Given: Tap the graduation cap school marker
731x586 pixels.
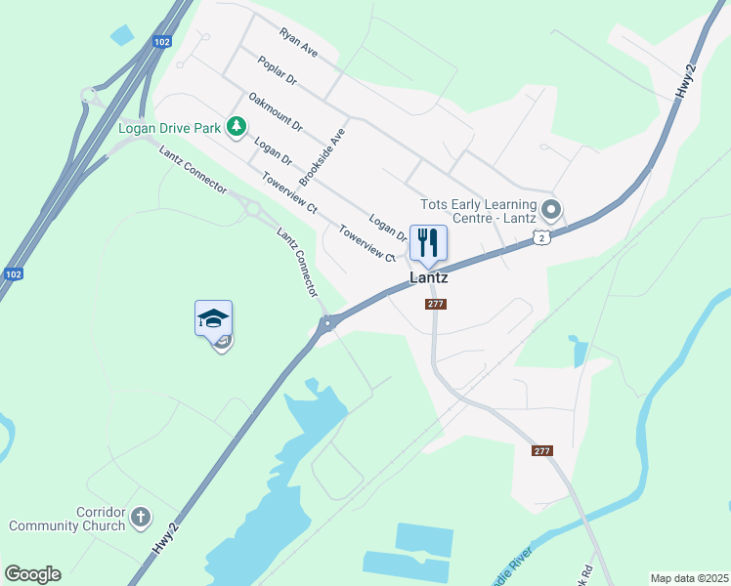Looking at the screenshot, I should pyautogui.click(x=213, y=318).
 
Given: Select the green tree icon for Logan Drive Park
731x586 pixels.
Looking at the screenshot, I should pyautogui.click(x=236, y=126).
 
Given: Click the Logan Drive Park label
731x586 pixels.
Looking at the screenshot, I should pyautogui.click(x=169, y=127).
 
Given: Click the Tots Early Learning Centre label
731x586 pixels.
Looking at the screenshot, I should pyautogui.click(x=478, y=211).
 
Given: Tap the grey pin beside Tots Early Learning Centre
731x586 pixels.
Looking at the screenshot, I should pyautogui.click(x=551, y=208).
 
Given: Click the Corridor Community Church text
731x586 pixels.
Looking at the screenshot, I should pyautogui.click(x=66, y=519).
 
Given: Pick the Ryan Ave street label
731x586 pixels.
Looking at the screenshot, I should pyautogui.click(x=298, y=41).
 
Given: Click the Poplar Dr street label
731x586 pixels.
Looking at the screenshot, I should pyautogui.click(x=277, y=69).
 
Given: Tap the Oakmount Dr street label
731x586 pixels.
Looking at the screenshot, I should pyautogui.click(x=276, y=111).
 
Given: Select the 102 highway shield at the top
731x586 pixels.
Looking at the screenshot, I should pyautogui.click(x=162, y=41).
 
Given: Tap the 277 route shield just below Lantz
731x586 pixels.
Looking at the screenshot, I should pyautogui.click(x=436, y=305).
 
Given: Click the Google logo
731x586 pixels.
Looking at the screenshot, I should pyautogui.click(x=32, y=574).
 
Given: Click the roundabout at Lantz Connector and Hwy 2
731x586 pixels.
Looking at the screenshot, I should pyautogui.click(x=329, y=321).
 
